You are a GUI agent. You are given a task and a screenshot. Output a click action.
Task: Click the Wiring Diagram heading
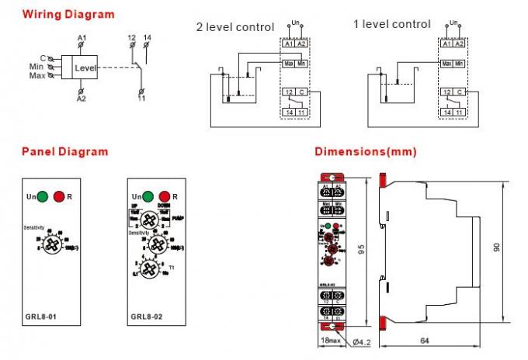[x=68, y=14]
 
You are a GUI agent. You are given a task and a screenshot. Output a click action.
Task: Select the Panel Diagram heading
[x=64, y=151]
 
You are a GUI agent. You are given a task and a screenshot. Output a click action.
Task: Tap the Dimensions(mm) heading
[x=365, y=151]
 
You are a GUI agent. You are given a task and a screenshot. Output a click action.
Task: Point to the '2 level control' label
[x=234, y=27]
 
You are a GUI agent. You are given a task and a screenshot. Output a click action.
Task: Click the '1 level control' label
[x=391, y=24]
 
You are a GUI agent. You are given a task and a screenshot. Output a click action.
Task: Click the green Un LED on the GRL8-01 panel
[x=42, y=197]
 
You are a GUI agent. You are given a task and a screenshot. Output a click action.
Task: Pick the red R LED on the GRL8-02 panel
[x=164, y=197]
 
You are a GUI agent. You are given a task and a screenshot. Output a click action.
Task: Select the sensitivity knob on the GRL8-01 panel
[x=54, y=244]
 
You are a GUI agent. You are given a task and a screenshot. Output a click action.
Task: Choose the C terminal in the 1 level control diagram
[x=460, y=92]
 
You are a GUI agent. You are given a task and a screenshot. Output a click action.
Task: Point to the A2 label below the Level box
[x=81, y=99]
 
